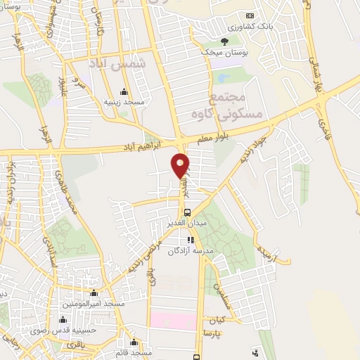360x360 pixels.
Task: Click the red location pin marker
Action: click(180, 165)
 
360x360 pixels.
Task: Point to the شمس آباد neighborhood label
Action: click(117, 64)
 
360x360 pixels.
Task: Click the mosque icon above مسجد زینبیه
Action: click(124, 91)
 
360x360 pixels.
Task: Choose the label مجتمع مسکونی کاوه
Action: click(236, 106)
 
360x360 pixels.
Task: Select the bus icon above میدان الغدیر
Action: click(186, 212)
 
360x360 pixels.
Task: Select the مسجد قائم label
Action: click(136, 352)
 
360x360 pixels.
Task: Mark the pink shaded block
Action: click(175, 321)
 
